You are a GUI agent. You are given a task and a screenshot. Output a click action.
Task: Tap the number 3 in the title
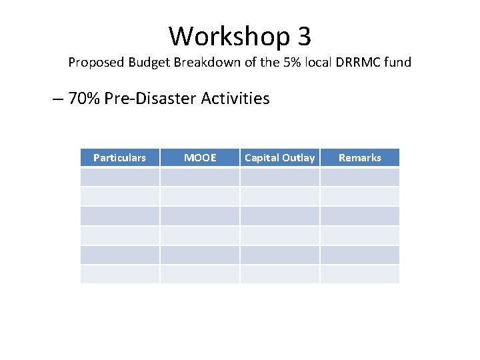tap(303, 36)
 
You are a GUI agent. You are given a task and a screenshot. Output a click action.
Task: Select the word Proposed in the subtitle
tap(95, 63)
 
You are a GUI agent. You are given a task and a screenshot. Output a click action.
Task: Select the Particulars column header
tap(119, 158)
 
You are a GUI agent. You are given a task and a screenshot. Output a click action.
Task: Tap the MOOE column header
tap(199, 158)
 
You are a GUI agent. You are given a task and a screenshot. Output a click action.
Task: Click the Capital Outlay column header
tap(279, 158)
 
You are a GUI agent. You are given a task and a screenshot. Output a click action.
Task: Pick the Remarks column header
tap(359, 158)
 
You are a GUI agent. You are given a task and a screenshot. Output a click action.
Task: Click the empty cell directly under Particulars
tap(119, 177)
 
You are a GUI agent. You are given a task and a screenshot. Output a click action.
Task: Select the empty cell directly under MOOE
tap(199, 177)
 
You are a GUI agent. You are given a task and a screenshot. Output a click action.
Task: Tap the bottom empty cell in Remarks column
tap(359, 274)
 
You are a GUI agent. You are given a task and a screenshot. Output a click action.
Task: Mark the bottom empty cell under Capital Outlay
tap(279, 274)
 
